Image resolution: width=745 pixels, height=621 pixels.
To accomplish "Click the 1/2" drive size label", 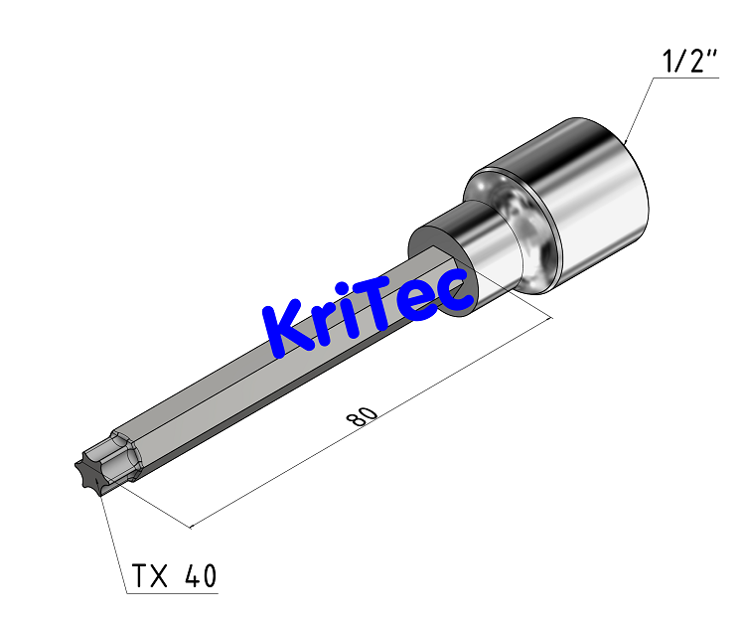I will click(689, 62).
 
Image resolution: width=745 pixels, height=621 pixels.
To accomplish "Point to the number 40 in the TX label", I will click(200, 575).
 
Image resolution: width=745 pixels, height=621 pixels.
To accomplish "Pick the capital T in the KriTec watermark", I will click(395, 298).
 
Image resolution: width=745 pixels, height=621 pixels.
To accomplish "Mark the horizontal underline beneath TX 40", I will click(174, 594).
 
